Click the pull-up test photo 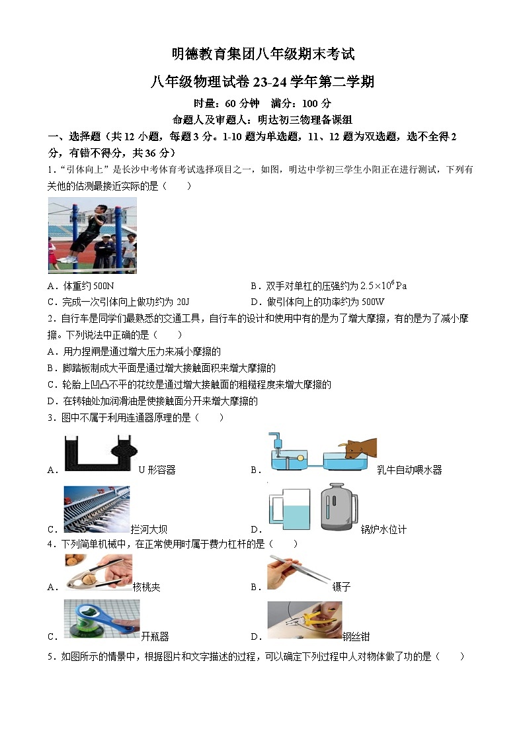tap(92, 235)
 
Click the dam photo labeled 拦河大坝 tap(97, 509)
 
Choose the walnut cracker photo tap(98, 573)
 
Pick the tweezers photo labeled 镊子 tap(299, 572)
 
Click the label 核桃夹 tap(147, 587)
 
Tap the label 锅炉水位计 tap(384, 529)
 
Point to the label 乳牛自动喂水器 tap(409, 470)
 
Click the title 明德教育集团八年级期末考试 tap(262, 54)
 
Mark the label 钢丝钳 tap(356, 636)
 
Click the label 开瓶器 tap(155, 636)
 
